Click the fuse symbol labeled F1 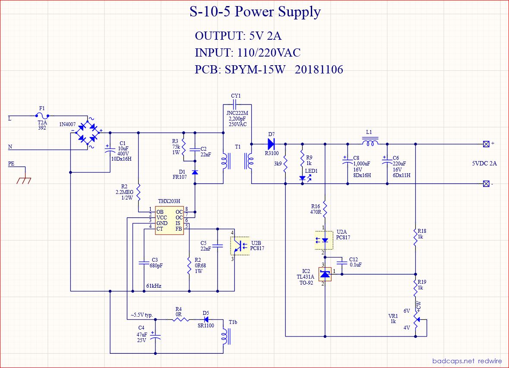41,116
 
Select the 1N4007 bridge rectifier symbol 86,130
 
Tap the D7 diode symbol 271,143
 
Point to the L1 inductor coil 369,143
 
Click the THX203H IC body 169,220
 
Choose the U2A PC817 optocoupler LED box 325,240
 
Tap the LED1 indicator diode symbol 303,177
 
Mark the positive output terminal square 486,143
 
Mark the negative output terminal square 486,184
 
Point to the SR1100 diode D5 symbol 206,320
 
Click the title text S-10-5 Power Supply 255,12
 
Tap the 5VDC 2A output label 484,164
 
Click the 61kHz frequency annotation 153,286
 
